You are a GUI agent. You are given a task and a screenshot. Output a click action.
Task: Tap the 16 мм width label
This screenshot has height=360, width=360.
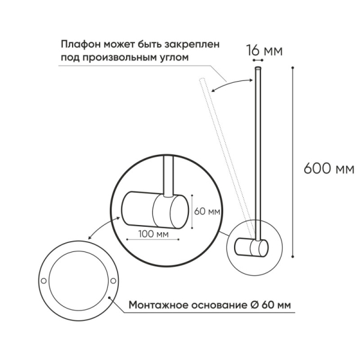pos(265,50)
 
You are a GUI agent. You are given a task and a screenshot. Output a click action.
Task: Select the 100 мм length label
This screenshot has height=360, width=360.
pos(154,233)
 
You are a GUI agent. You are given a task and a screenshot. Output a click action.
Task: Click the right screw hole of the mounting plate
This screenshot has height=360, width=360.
pos(115,281)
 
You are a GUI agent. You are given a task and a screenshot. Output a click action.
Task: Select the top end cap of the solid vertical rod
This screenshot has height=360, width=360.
pos(258,70)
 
